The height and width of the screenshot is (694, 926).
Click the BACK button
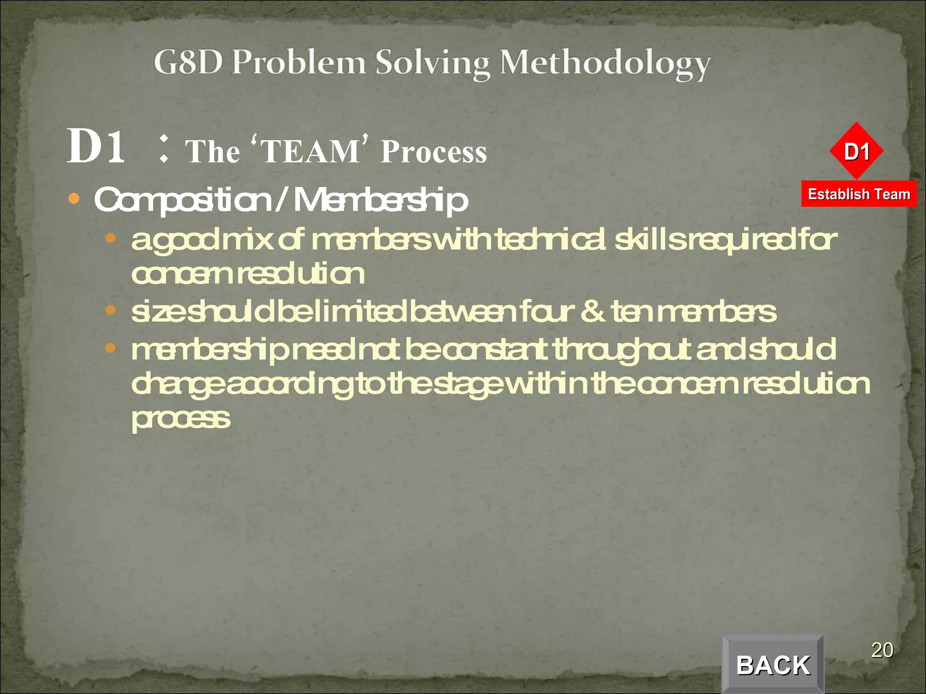[x=773, y=665]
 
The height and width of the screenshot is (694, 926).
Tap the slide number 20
[x=882, y=650]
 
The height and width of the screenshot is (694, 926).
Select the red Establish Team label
[x=859, y=194]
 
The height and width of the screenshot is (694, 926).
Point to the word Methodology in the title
[x=605, y=64]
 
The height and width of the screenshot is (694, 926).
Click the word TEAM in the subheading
[x=310, y=151]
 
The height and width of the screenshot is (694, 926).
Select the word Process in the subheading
[x=434, y=152]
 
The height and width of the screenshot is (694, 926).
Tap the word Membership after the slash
[x=381, y=200]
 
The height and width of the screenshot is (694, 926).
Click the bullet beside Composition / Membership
[x=74, y=198]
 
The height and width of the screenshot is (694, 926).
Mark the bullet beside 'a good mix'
[x=110, y=238]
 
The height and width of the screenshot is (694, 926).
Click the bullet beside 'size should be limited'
[x=110, y=310]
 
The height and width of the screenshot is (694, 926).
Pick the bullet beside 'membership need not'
[x=110, y=348]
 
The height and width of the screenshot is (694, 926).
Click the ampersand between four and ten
[x=592, y=311]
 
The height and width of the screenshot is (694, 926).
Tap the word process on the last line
[x=181, y=419]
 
